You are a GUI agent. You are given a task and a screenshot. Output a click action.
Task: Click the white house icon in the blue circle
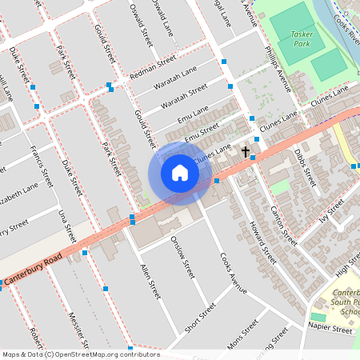pos(180,173)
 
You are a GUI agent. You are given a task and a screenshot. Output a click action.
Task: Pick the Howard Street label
pos(262,243)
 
